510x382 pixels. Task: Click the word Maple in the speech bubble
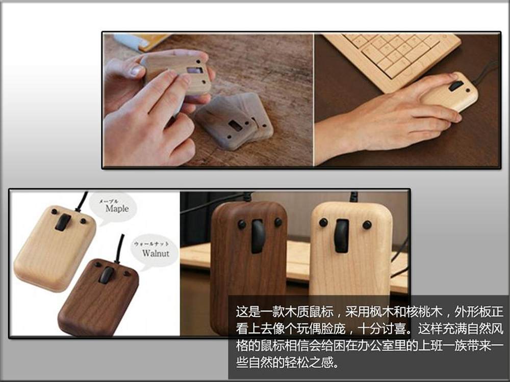tap(117, 208)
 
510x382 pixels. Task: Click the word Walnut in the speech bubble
tap(156, 253)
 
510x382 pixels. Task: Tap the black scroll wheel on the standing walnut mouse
tap(258, 236)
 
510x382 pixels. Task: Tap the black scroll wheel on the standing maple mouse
tap(342, 236)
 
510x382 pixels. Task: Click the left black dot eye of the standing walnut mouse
tap(242, 225)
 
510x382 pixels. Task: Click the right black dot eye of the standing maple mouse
tap(367, 225)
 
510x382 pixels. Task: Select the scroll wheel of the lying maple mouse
tap(63, 222)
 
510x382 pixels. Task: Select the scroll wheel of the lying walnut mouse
tap(107, 275)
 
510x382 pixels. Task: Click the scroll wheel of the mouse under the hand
tap(455, 86)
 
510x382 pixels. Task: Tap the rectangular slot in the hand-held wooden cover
tap(195, 70)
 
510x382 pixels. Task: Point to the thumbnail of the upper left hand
tap(136, 70)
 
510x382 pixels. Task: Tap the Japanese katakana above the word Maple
tap(109, 201)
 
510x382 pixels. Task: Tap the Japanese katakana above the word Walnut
tap(151, 243)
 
